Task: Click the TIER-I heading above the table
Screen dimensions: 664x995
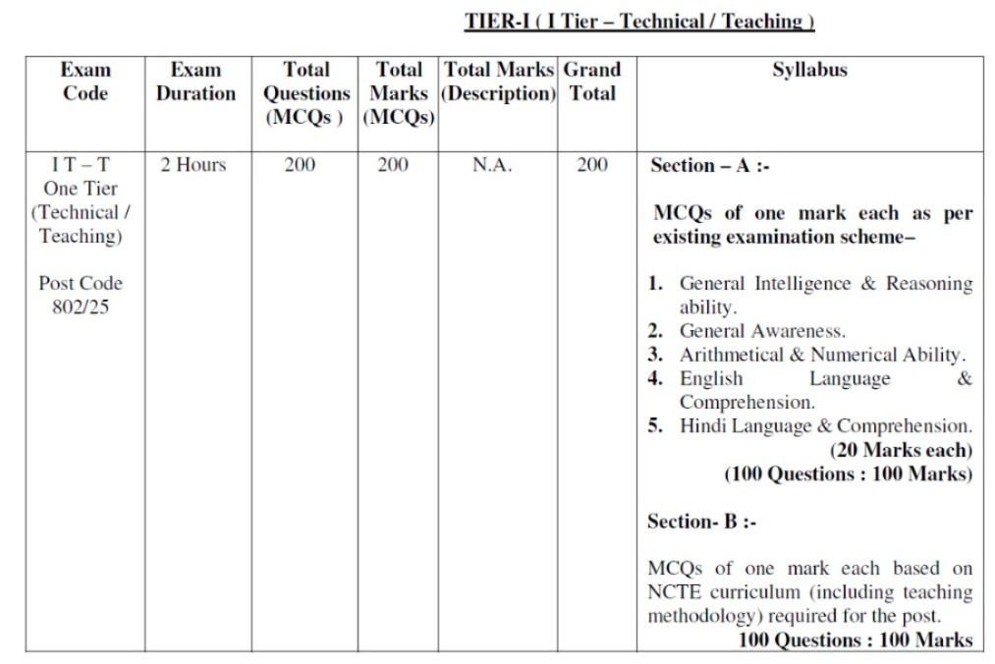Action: [x=639, y=22]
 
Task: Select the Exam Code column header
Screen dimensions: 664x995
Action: [x=85, y=82]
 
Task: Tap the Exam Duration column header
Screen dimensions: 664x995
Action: [x=195, y=82]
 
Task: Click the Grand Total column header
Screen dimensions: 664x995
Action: [x=591, y=82]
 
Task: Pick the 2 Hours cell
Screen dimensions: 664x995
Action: [x=193, y=165]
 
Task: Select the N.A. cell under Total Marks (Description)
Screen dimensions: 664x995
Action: [x=492, y=165]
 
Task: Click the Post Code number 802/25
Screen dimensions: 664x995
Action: [x=81, y=307]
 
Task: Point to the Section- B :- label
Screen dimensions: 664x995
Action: [x=701, y=522]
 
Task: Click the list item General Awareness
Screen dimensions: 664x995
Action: [x=762, y=331]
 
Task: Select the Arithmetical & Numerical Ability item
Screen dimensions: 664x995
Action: [x=822, y=355]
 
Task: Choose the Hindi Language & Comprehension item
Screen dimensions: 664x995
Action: [x=825, y=426]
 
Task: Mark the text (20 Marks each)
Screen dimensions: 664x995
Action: [x=901, y=450]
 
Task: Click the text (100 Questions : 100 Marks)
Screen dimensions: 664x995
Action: [x=848, y=473]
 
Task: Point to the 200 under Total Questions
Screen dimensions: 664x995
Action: [x=300, y=165]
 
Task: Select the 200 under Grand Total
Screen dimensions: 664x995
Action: [x=591, y=165]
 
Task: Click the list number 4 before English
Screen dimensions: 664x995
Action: [x=654, y=378]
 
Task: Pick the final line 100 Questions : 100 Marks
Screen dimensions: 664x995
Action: [x=856, y=640]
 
